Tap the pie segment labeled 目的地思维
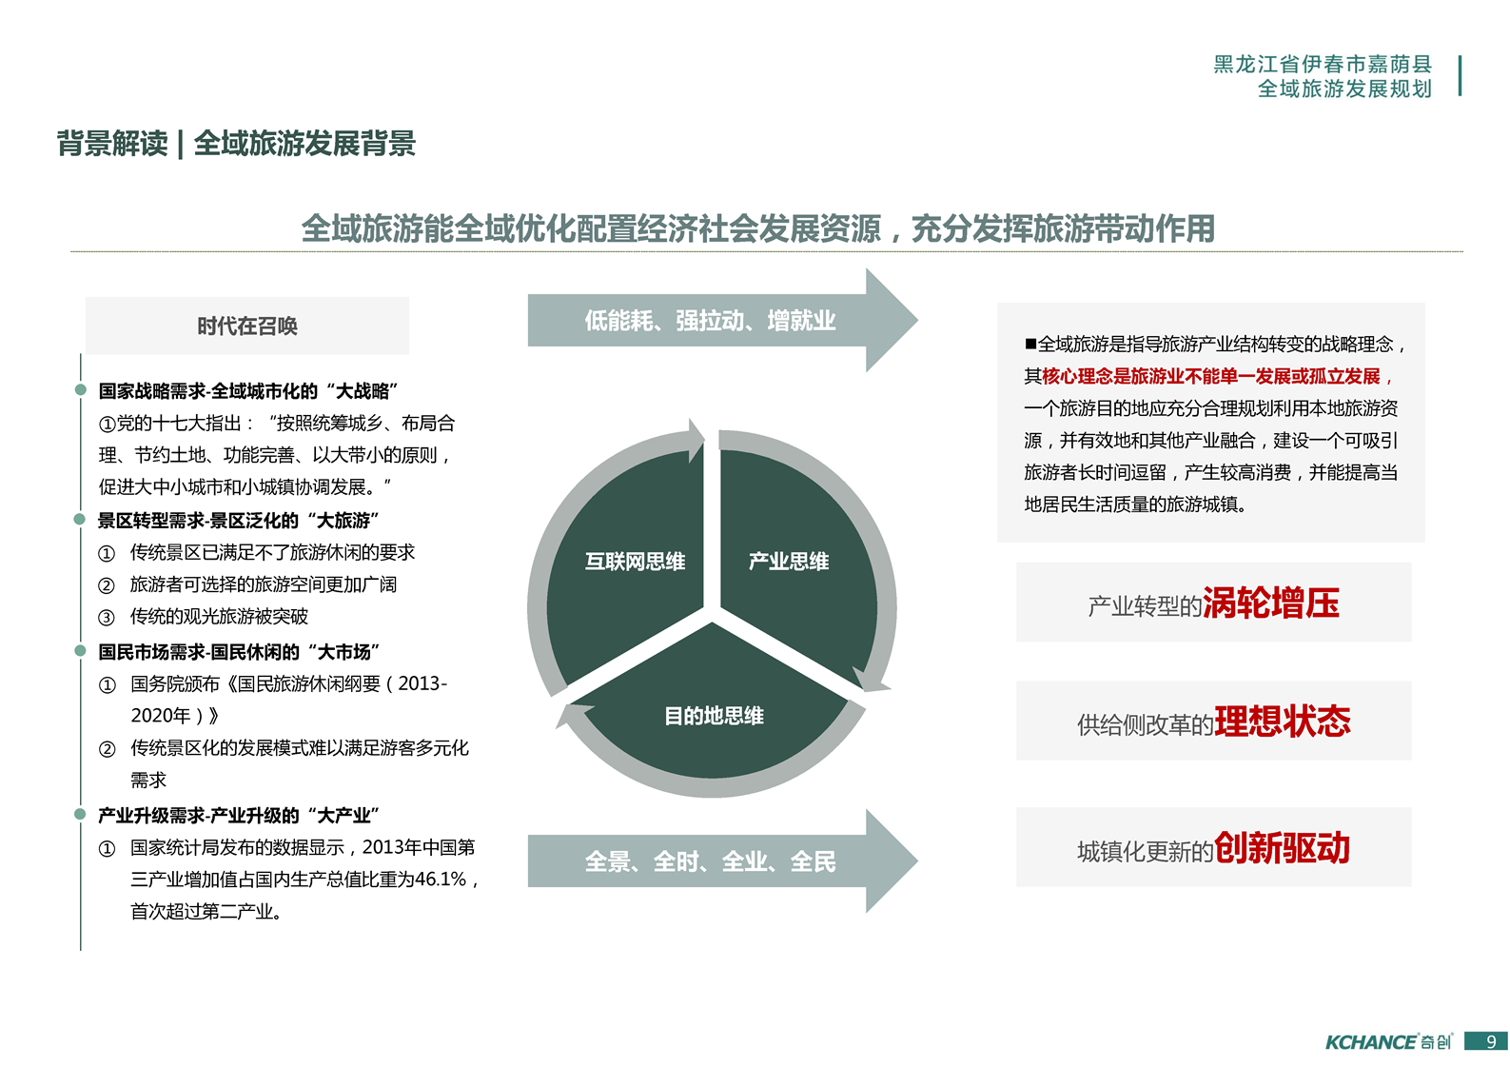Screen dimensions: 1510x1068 714,715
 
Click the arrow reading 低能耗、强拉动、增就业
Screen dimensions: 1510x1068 722,320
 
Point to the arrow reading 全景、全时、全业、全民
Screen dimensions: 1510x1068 722,861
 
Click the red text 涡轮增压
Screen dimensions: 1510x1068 1270,603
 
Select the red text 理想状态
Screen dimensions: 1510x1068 1283,721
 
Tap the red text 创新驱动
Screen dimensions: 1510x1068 1283,847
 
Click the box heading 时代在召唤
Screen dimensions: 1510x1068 247,326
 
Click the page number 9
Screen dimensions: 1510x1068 1491,1041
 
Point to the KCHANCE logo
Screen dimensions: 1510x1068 1388,1041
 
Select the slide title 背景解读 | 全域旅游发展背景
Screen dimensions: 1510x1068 236,144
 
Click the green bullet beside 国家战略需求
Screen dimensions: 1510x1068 80,389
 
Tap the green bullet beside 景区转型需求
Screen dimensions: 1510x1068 80,519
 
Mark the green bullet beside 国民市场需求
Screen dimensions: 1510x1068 80,651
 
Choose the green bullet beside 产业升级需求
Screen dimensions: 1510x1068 80,814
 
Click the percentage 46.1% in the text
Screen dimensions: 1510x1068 441,880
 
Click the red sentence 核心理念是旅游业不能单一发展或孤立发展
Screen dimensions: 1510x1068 1210,376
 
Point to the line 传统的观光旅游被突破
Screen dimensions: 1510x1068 219,616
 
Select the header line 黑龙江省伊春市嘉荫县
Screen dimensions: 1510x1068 1323,64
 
